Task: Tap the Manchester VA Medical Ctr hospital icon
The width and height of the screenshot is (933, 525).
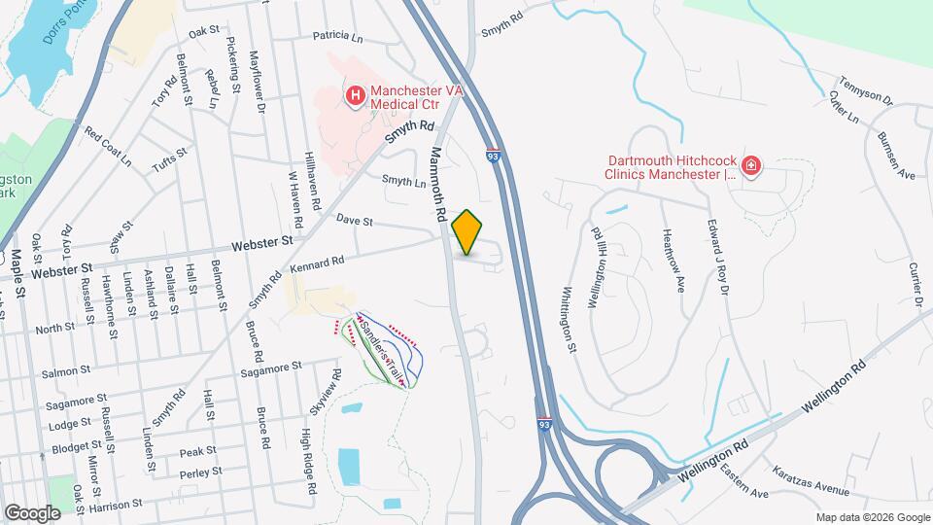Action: (x=356, y=95)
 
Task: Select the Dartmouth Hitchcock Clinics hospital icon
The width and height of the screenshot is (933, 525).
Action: (x=750, y=168)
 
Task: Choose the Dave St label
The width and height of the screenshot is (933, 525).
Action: (x=355, y=222)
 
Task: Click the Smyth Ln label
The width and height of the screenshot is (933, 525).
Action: (x=403, y=180)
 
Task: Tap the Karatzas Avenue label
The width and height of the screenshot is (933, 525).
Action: (x=811, y=483)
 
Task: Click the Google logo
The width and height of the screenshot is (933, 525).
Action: (x=32, y=512)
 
